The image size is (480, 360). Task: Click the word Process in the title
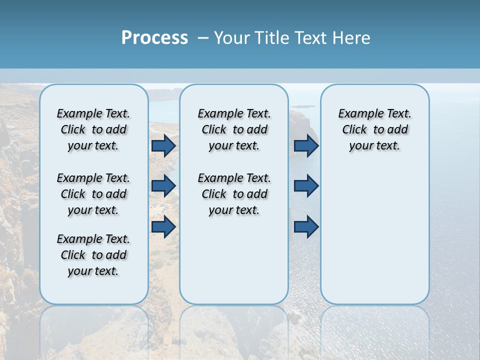pyautogui.click(x=154, y=37)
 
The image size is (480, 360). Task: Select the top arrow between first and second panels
pyautogui.click(x=163, y=146)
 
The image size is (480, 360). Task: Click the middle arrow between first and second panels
pyautogui.click(x=163, y=186)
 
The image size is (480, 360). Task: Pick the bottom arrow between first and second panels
pyautogui.click(x=163, y=226)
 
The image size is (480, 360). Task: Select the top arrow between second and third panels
pyautogui.click(x=306, y=146)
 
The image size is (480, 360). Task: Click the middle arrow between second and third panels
pyautogui.click(x=306, y=186)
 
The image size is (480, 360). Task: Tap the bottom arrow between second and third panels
pyautogui.click(x=306, y=226)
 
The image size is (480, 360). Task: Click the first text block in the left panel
pyautogui.click(x=93, y=129)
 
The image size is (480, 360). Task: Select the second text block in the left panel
pyautogui.click(x=93, y=194)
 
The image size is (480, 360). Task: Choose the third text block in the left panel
pyautogui.click(x=93, y=255)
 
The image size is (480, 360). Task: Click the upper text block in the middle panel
pyautogui.click(x=234, y=129)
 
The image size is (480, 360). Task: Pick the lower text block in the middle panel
pyautogui.click(x=234, y=194)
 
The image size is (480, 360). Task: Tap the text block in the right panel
pyautogui.click(x=374, y=129)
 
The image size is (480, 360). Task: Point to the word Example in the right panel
pyautogui.click(x=358, y=114)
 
